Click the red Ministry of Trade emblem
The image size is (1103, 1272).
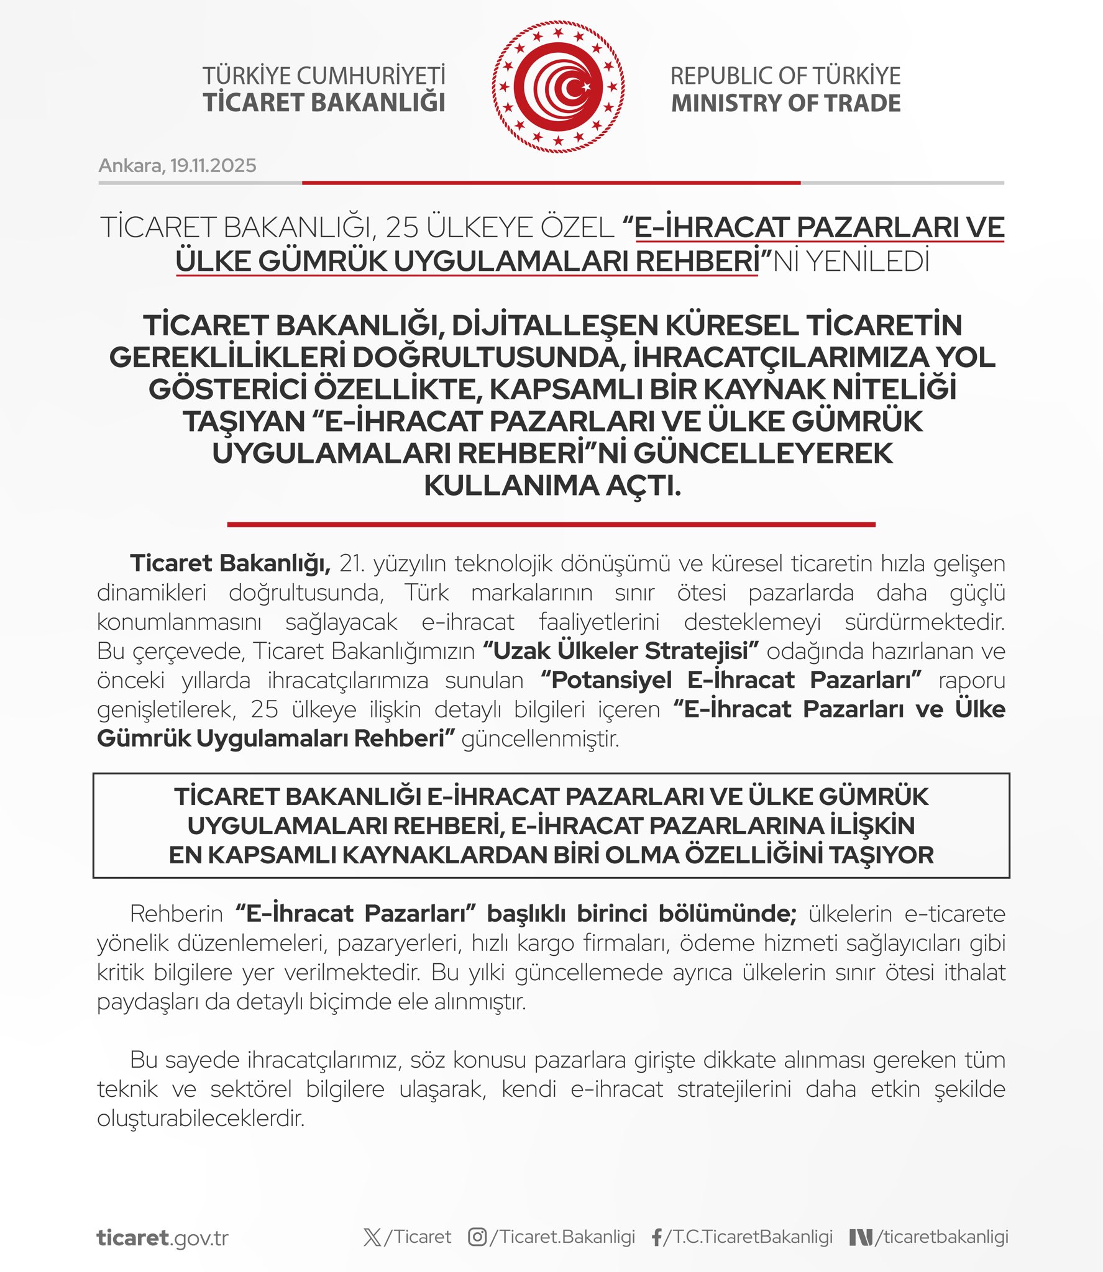pos(558,87)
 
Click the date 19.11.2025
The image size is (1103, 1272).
pos(213,166)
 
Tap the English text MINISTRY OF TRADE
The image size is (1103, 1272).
pos(785,103)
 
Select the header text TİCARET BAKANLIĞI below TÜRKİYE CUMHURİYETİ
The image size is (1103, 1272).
pos(324,103)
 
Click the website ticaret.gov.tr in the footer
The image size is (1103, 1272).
pos(163,1238)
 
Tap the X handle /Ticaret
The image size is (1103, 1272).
pos(418,1237)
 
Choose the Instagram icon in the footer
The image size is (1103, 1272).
pos(477,1237)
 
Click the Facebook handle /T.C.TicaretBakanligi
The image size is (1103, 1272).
pos(748,1237)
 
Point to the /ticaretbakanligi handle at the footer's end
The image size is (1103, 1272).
pos(941,1237)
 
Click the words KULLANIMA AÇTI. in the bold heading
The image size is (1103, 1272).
pos(552,486)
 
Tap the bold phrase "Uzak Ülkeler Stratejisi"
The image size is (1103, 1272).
pos(621,651)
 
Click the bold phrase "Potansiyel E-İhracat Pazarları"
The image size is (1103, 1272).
pos(730,680)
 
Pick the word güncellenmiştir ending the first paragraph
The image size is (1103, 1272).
pos(540,739)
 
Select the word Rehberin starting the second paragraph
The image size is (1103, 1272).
pos(176,914)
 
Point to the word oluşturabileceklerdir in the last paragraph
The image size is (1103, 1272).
pos(201,1119)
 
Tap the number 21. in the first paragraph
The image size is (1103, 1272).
pos(352,563)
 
